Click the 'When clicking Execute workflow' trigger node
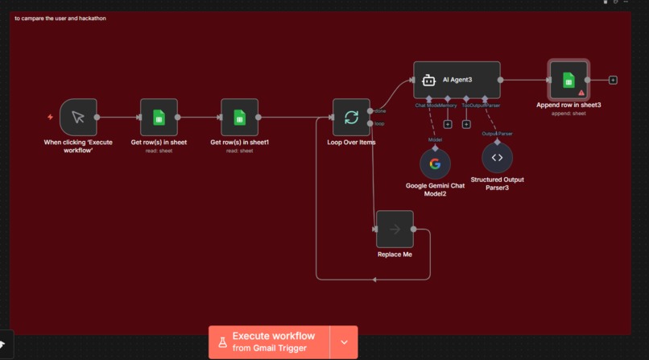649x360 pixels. [x=78, y=118]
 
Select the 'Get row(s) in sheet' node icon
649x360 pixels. [x=159, y=118]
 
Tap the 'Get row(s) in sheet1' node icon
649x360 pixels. [x=239, y=118]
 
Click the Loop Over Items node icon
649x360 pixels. [x=351, y=118]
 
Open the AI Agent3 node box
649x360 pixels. [x=457, y=80]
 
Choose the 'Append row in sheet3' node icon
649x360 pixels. [x=568, y=80]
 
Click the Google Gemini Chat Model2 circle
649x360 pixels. [x=435, y=164]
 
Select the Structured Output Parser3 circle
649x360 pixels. [x=497, y=158]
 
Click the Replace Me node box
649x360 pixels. [x=395, y=230]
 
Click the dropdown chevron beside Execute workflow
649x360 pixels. [x=345, y=342]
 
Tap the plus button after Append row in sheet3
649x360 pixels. [x=613, y=80]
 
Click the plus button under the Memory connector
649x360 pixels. [x=447, y=124]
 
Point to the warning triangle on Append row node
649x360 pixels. [x=581, y=93]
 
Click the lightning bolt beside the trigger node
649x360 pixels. [x=51, y=118]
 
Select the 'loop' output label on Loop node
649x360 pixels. [x=378, y=124]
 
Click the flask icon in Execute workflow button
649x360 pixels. [x=222, y=342]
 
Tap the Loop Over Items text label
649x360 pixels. [x=351, y=143]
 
